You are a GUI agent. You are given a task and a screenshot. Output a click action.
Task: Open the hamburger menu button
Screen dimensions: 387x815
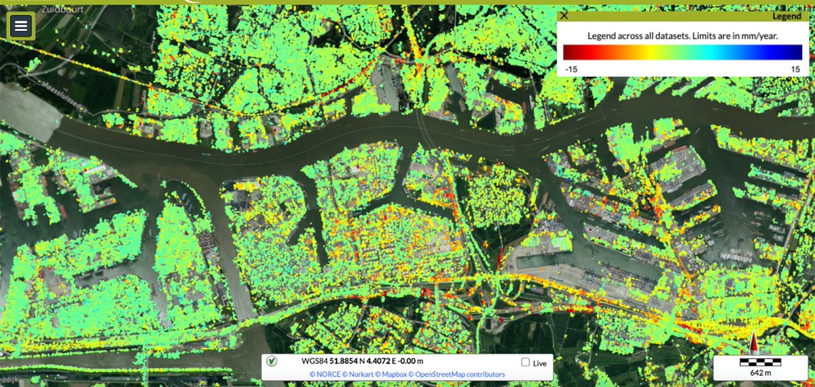21,27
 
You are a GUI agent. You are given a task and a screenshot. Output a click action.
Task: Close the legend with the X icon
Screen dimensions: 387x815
564,16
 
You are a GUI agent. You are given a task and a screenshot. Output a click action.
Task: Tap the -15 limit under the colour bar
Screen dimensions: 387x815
571,69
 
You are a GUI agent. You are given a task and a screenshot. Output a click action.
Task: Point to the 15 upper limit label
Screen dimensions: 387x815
797,69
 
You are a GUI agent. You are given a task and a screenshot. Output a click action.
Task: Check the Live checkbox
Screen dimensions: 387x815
526,363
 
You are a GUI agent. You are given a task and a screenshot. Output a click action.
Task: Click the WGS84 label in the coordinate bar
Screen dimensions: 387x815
314,362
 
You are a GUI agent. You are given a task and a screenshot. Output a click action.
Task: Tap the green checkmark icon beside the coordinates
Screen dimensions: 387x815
272,362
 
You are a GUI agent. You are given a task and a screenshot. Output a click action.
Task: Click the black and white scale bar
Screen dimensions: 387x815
760,363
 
